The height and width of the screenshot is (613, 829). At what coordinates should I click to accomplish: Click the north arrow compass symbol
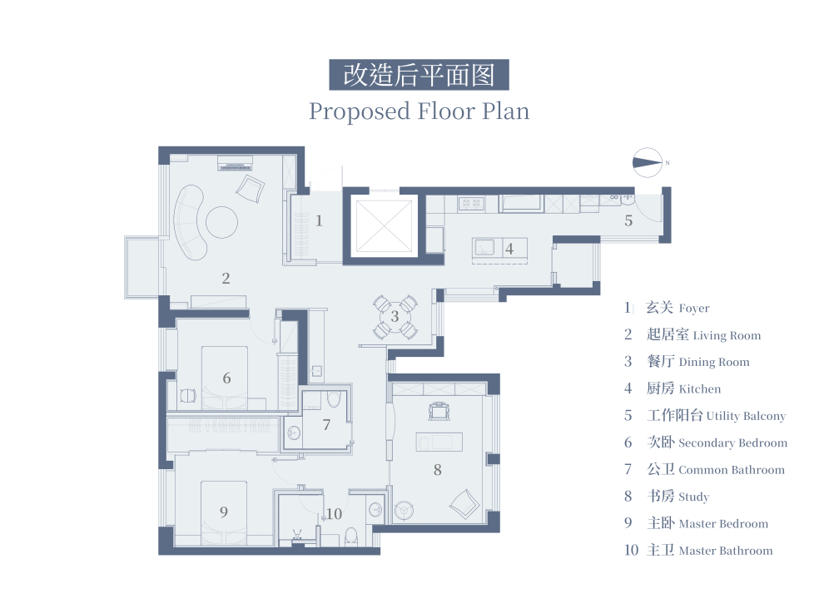(x=647, y=162)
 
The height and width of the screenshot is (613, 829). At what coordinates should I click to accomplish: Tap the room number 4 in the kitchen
(x=509, y=249)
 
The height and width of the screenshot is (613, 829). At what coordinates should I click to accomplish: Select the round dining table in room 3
(x=395, y=316)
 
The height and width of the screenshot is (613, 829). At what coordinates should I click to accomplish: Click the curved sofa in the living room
(x=190, y=222)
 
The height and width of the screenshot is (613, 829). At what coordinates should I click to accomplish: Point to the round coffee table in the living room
(x=221, y=222)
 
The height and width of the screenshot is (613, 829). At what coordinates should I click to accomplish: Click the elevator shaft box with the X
(x=384, y=226)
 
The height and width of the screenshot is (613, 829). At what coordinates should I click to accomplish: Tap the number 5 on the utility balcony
(x=628, y=220)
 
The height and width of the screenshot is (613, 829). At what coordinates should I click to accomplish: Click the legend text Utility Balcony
(x=746, y=416)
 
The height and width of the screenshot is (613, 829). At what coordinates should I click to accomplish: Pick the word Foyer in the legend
(x=693, y=308)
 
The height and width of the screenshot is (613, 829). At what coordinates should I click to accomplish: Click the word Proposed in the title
(x=360, y=112)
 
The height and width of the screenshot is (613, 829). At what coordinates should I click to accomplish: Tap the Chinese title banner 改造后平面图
(x=419, y=75)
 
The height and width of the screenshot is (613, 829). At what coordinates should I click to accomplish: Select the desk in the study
(x=439, y=442)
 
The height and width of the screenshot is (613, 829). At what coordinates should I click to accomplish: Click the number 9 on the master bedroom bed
(x=224, y=512)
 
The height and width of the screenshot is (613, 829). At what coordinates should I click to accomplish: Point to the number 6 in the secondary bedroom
(x=226, y=378)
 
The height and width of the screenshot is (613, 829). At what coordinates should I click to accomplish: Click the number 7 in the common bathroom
(x=326, y=424)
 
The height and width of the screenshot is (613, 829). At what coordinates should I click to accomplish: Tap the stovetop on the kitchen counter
(x=471, y=203)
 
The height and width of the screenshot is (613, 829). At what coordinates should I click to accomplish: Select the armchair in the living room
(x=250, y=189)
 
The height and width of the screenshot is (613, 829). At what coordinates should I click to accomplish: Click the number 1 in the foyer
(x=319, y=220)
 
